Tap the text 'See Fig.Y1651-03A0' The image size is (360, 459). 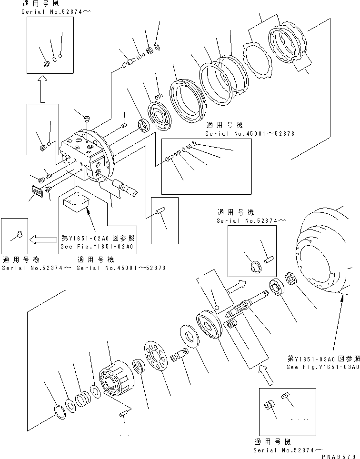click(x=322, y=367)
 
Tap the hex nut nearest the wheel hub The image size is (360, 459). click(x=291, y=279)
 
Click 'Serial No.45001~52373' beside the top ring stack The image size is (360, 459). click(x=250, y=134)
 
